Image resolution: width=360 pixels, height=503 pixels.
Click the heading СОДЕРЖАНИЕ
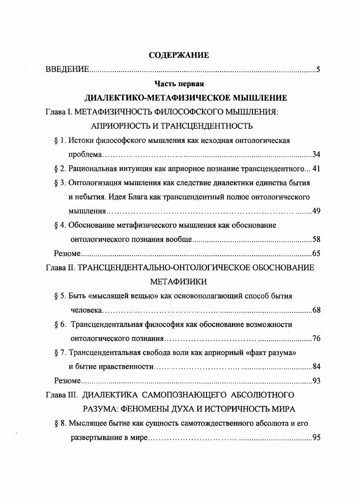click(179, 55)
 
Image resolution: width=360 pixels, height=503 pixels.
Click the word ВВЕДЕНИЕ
click(67, 69)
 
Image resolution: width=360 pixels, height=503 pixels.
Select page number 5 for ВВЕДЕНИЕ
click(318, 69)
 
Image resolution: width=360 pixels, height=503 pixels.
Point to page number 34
click(316, 154)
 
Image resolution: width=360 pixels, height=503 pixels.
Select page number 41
click(316, 169)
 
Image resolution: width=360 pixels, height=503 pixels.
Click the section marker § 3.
click(60, 183)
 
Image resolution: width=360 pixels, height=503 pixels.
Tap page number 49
click(316, 211)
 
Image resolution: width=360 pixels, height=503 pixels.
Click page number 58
click(316, 239)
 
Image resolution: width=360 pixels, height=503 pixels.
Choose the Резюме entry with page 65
click(67, 253)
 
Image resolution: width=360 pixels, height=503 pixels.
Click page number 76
click(316, 338)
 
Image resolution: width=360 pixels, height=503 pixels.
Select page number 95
click(316, 437)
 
